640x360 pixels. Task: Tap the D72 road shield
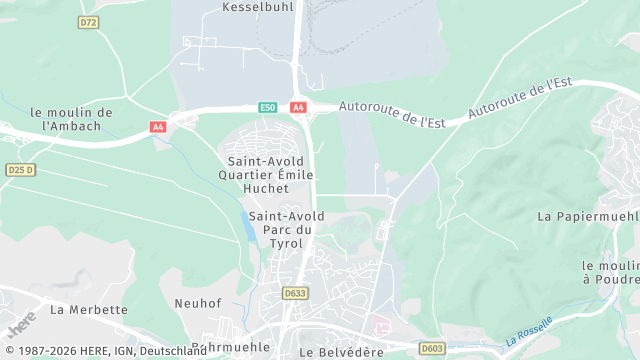[x=89, y=22]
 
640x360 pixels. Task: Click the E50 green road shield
[x=267, y=107]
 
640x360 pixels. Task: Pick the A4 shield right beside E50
[x=298, y=107]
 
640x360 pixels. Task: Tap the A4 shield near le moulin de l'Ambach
[x=158, y=127]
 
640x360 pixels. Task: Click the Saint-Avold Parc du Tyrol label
[x=281, y=230]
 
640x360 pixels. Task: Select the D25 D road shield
[x=21, y=170]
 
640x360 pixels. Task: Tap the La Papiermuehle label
[x=588, y=216]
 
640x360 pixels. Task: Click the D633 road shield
[x=294, y=293]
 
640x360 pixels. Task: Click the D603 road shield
[x=431, y=348]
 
